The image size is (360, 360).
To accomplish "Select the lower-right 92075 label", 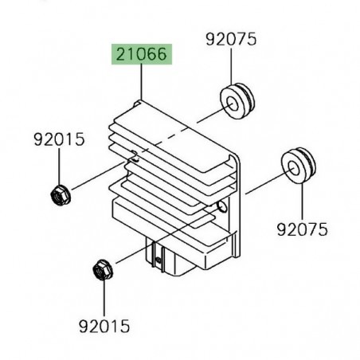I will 302,229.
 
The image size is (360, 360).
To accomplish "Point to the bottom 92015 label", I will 104,325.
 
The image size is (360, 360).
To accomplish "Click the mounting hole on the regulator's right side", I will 224,208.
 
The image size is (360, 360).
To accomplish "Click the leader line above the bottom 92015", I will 104,299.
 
